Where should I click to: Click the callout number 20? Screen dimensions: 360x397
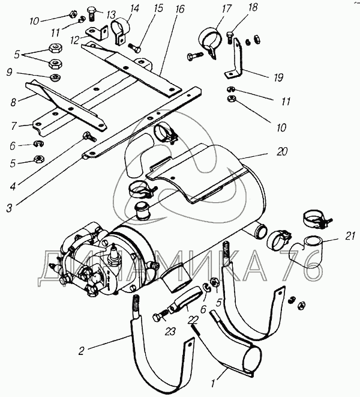[x=282, y=152]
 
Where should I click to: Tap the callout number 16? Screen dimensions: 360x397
[x=181, y=9]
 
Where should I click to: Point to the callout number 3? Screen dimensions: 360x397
[x=10, y=208]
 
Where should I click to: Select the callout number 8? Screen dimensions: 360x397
[x=13, y=102]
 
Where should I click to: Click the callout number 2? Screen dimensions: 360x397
[x=81, y=351]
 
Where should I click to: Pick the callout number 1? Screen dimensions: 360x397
[x=213, y=384]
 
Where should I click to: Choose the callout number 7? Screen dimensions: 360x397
[x=14, y=126]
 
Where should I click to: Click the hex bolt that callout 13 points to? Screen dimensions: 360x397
[x=91, y=14]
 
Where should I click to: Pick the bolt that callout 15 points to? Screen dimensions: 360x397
[x=134, y=49]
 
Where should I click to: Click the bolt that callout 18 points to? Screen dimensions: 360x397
[x=230, y=38]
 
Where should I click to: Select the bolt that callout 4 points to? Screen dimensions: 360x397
[x=89, y=136]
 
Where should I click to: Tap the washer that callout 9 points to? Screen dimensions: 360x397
[x=55, y=77]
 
